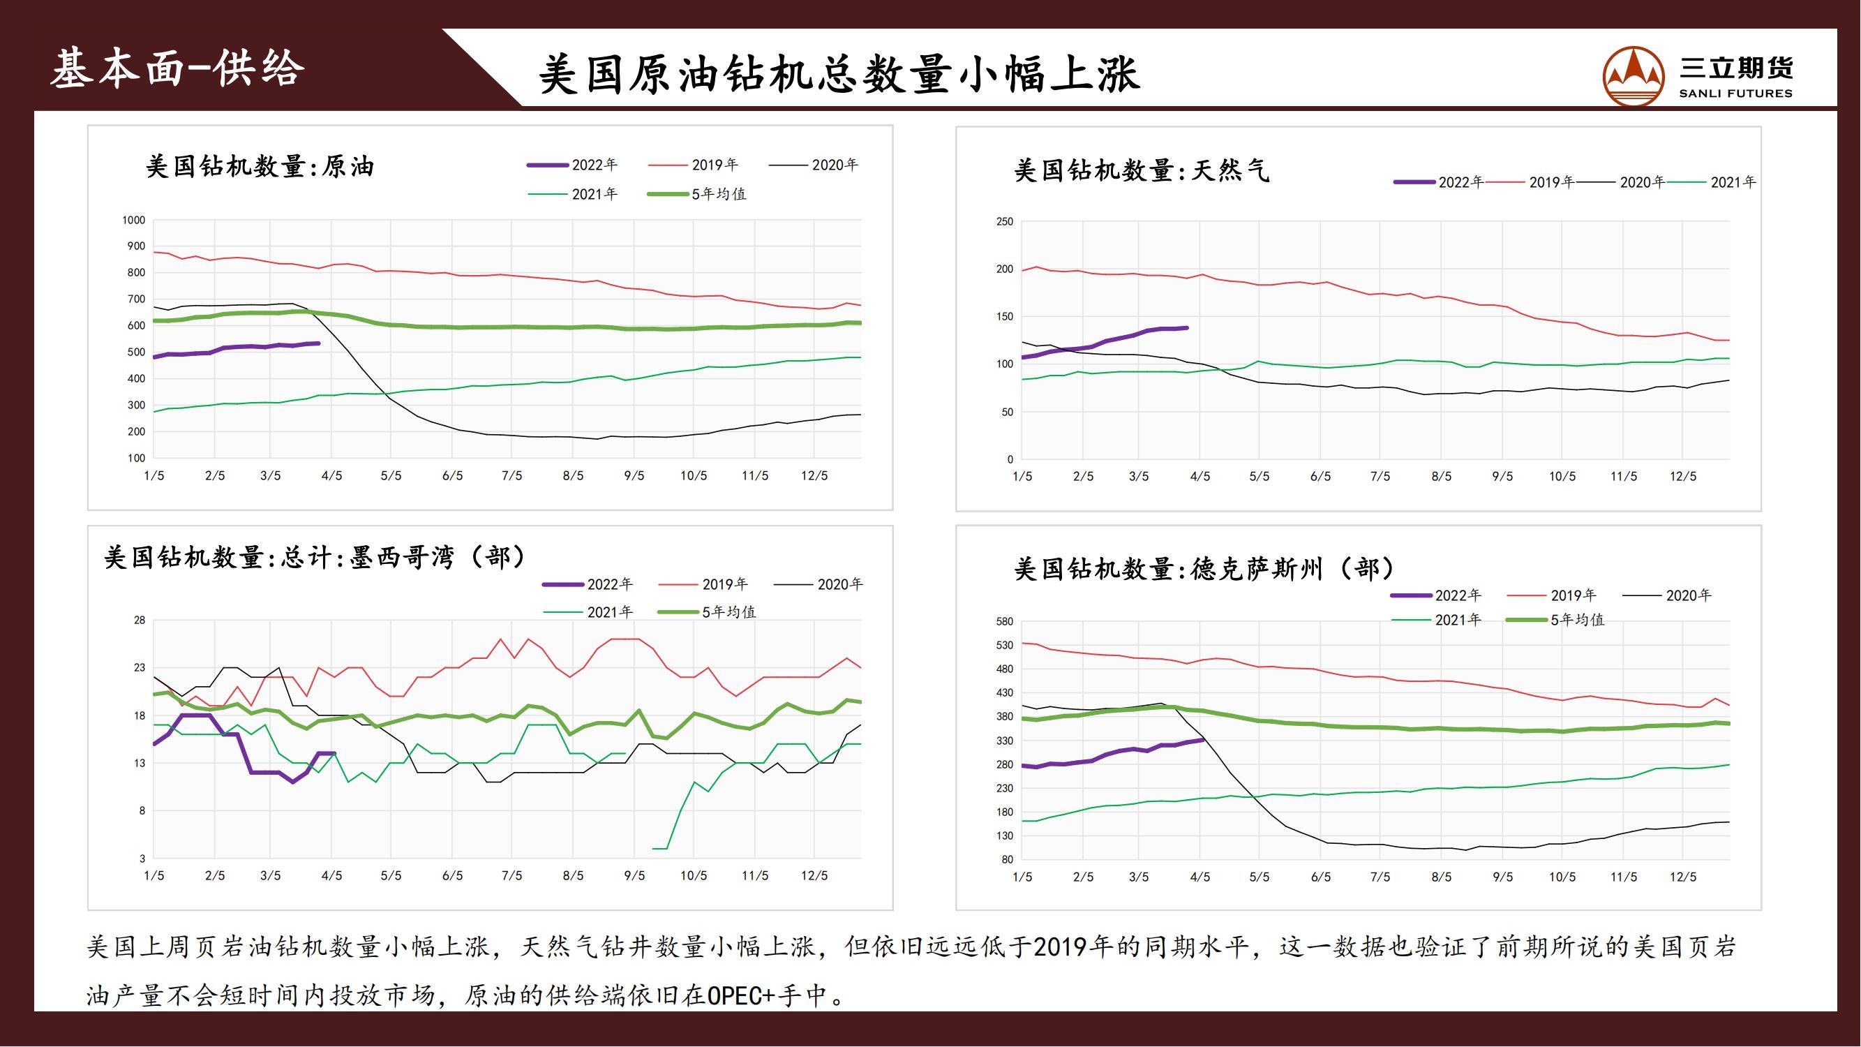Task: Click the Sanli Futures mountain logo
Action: [1633, 77]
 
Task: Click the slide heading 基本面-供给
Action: [178, 69]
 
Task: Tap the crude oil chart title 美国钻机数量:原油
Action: [260, 167]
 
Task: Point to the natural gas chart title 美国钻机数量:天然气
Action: [1141, 171]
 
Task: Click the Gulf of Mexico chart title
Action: [315, 557]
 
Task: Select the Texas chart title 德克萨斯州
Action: [1204, 570]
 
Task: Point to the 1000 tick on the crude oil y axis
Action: [134, 221]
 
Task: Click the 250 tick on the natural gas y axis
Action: [1004, 222]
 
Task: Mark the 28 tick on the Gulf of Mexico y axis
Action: [140, 621]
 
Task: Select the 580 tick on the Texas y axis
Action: [1004, 621]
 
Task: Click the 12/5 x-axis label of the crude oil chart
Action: [814, 475]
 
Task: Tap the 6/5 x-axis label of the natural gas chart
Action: [1321, 477]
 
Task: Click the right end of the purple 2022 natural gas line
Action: [1187, 328]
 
